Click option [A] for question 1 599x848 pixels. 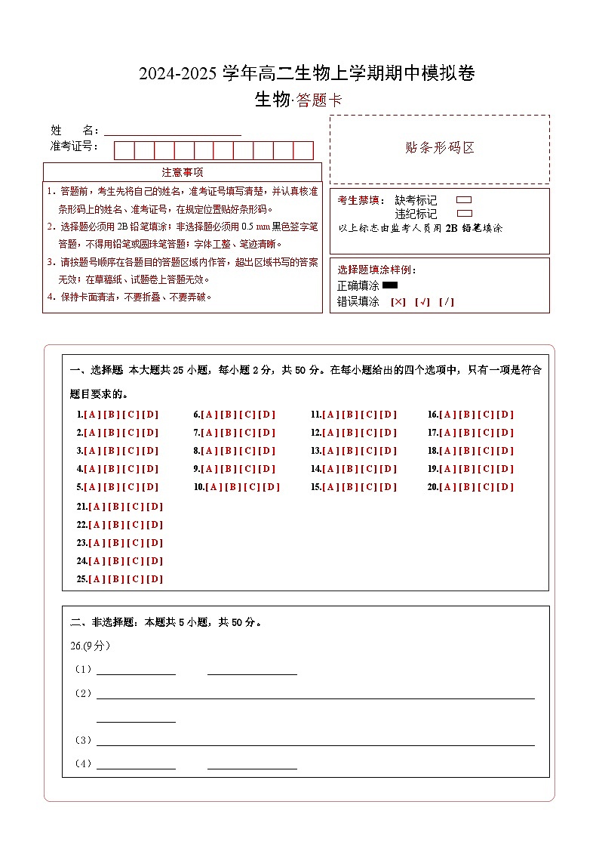click(92, 415)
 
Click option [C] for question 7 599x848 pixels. click(247, 433)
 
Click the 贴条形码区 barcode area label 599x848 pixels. click(440, 148)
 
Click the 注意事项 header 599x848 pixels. click(183, 172)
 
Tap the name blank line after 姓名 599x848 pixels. click(172, 131)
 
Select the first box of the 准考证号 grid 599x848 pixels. click(124, 150)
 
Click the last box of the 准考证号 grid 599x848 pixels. click(303, 150)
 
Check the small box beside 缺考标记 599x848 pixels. click(465, 200)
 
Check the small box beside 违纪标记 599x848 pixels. click(465, 214)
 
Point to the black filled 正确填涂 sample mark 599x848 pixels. click(390, 285)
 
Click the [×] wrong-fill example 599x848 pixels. click(398, 302)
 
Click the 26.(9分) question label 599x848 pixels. click(90, 646)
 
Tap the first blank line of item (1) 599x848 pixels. click(136, 671)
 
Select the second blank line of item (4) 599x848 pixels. click(252, 765)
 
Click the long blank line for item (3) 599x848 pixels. click(315, 742)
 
